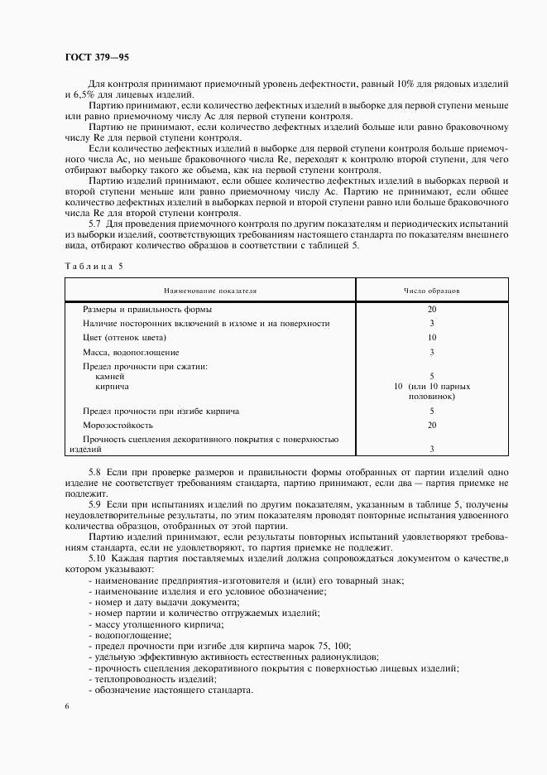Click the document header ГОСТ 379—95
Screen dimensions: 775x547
[x=97, y=57]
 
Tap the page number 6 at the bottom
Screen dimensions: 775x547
[x=66, y=705]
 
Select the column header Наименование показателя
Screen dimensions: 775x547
[x=210, y=291]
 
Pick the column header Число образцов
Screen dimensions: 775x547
[x=432, y=291]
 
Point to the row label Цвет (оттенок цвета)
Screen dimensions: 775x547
[x=125, y=337]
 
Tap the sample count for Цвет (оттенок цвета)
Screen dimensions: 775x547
[x=432, y=337]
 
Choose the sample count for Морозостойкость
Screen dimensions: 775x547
[x=432, y=424]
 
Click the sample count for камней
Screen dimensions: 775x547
[x=432, y=376]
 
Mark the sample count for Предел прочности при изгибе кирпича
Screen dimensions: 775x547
[x=432, y=410]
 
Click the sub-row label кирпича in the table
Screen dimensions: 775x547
[x=112, y=386]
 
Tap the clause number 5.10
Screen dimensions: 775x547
[x=98, y=556]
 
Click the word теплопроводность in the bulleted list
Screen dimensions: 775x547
[x=134, y=678]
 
